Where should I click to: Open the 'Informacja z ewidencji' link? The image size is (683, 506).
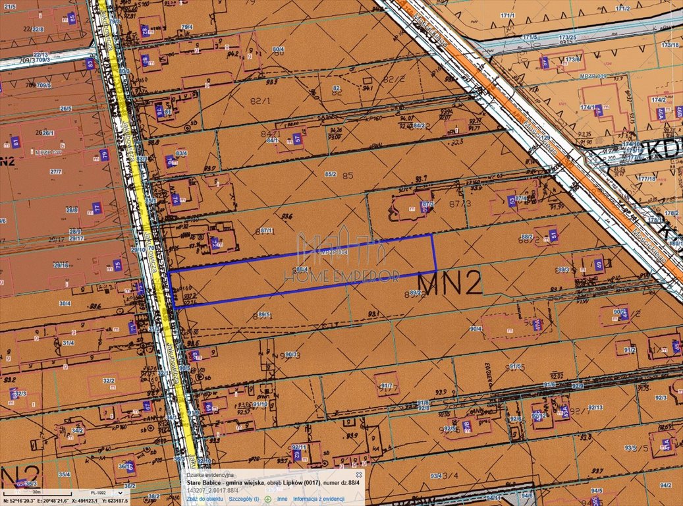(319, 499)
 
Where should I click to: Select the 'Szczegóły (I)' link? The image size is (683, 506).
(243, 499)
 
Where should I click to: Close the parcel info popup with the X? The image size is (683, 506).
(359, 474)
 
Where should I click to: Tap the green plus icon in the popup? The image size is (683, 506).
(268, 499)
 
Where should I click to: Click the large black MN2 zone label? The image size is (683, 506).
(450, 283)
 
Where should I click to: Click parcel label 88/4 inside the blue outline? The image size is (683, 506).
(302, 269)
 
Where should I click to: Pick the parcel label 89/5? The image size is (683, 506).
(265, 314)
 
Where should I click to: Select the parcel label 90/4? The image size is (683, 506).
(476, 328)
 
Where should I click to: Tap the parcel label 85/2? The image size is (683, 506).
(331, 175)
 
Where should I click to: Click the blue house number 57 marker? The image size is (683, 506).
(298, 138)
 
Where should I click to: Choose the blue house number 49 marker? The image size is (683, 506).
(598, 265)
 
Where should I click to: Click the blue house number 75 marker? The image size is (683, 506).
(118, 266)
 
